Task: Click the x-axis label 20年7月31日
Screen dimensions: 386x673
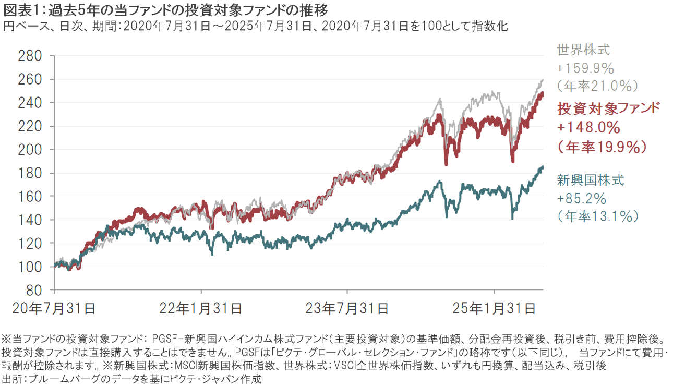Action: [54, 308]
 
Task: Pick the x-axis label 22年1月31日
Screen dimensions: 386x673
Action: [200, 308]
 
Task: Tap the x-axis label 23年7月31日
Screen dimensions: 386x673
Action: [347, 308]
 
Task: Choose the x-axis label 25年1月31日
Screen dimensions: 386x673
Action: [494, 308]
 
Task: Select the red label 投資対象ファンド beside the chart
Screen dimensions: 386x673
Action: [609, 108]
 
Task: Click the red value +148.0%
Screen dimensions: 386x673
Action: [588, 128]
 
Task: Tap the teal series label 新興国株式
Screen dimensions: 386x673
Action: [591, 180]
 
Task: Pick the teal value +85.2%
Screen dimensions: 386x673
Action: [582, 198]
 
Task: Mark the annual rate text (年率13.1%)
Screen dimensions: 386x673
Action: [597, 216]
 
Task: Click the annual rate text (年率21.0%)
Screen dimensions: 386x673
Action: [597, 85]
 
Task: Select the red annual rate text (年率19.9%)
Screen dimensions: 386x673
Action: [602, 147]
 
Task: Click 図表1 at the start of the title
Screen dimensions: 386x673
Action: [20, 9]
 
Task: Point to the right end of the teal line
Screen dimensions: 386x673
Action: [543, 167]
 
